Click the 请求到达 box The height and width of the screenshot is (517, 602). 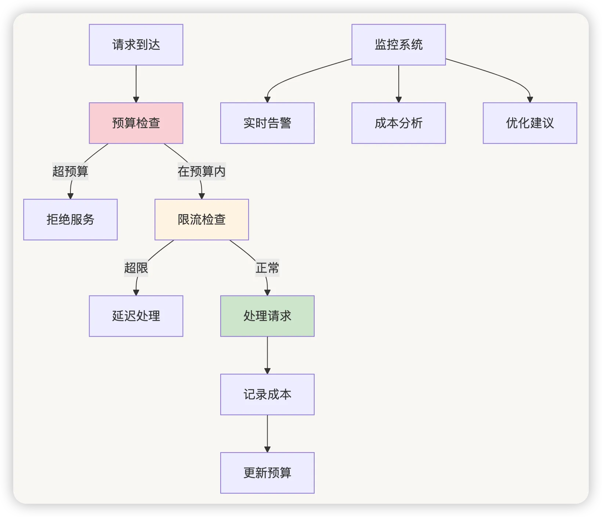136,45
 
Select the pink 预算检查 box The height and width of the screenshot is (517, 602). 136,123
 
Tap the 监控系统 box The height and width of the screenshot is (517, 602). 399,45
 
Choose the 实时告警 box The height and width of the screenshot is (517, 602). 267,123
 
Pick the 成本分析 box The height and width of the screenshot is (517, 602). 399,123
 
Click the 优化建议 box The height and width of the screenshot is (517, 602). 530,123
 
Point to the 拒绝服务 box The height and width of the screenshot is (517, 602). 70,220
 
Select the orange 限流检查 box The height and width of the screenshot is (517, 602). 202,220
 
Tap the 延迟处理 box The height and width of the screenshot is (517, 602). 136,316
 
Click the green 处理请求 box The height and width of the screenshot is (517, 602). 267,316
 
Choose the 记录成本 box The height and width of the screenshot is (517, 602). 267,395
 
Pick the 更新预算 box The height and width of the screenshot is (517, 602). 267,473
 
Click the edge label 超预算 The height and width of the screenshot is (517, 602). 70,171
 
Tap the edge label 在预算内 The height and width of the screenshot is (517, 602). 202,171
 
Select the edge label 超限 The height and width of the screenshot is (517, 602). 136,268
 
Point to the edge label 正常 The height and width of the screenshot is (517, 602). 267,268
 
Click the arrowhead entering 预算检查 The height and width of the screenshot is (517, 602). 136,100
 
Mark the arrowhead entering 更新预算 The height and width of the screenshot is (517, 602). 267,450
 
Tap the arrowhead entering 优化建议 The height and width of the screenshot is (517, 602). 530,100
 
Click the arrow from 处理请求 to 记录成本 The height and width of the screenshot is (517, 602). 267,355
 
